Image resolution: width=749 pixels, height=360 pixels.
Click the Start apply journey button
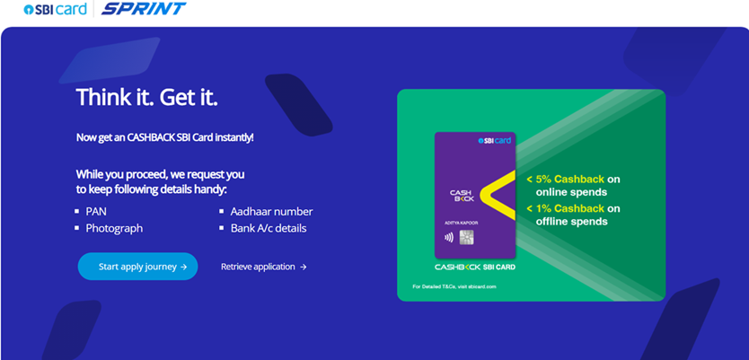coord(137,267)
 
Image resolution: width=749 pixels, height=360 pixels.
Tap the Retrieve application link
coord(264,267)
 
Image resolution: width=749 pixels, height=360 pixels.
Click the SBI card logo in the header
coord(55,9)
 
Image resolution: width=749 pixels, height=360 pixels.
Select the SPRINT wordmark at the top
coord(144,9)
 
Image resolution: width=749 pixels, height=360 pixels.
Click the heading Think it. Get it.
coord(146,97)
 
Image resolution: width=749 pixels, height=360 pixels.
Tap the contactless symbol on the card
coord(448,237)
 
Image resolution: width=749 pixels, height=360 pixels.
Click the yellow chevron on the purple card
coord(497,196)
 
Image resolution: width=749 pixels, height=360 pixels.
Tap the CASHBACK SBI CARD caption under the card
coord(475,267)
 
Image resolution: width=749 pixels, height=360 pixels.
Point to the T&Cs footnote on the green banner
coord(454,286)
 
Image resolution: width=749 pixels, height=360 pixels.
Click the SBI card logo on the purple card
coord(495,140)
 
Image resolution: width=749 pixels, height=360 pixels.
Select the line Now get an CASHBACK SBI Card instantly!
coord(165,137)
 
